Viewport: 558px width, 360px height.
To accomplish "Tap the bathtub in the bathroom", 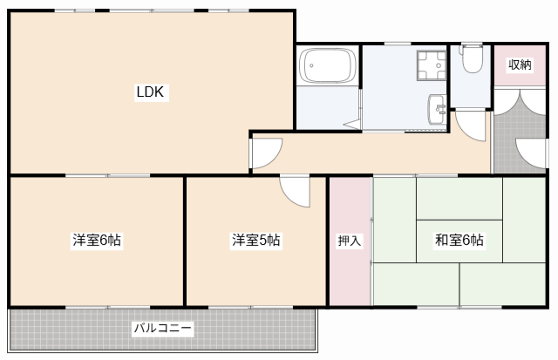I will (x=328, y=66).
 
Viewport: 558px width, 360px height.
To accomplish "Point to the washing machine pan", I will (x=431, y=65).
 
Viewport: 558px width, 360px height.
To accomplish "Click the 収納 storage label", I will (x=520, y=65).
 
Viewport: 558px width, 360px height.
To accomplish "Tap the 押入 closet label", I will (x=350, y=241).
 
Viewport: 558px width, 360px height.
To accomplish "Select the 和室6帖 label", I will (x=459, y=241).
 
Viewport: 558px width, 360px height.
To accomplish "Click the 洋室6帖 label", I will (x=96, y=241).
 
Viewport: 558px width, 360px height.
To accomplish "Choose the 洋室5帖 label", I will (x=255, y=241).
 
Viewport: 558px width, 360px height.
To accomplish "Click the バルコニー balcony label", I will (x=163, y=329).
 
